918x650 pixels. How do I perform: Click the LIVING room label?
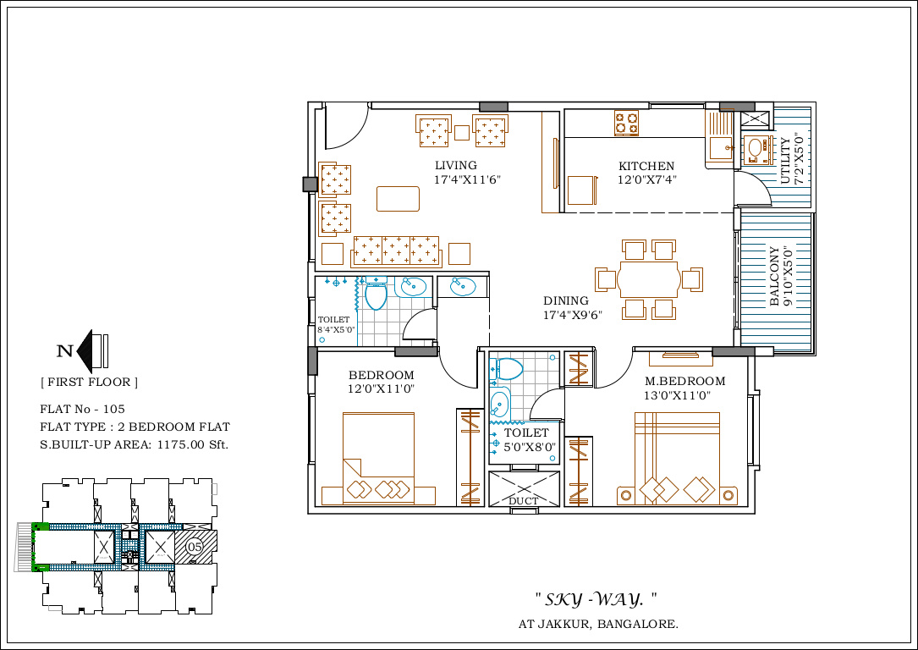click(455, 166)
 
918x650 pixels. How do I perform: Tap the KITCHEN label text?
click(646, 167)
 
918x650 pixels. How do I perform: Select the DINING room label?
click(565, 300)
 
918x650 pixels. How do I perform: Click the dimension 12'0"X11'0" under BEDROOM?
click(381, 389)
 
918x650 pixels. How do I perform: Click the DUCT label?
click(523, 501)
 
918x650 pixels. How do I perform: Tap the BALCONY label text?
click(774, 276)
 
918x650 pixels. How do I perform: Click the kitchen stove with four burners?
click(626, 124)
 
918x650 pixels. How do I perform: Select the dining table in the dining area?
click(649, 278)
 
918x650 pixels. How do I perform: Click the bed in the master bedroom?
click(676, 458)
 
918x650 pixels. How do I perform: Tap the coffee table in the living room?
click(398, 199)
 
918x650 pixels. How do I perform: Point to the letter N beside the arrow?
click(63, 351)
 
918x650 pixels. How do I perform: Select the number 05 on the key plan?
click(195, 546)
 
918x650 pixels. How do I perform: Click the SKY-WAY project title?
click(596, 600)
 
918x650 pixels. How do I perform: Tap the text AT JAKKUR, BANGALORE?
click(598, 625)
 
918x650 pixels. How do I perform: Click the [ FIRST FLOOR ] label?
click(89, 383)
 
